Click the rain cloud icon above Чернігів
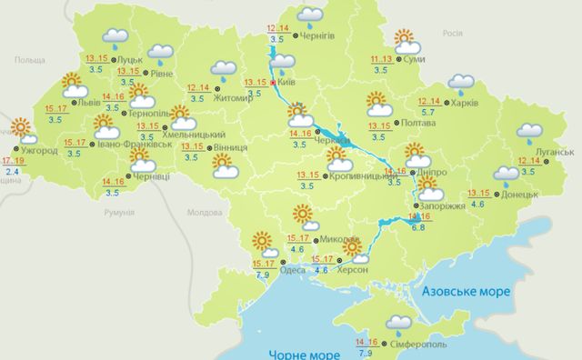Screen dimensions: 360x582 tap(310, 14)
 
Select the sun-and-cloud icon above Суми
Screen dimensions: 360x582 tap(406, 41)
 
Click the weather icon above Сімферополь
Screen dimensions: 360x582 tap(397, 323)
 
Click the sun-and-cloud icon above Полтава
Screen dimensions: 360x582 tap(378, 104)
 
